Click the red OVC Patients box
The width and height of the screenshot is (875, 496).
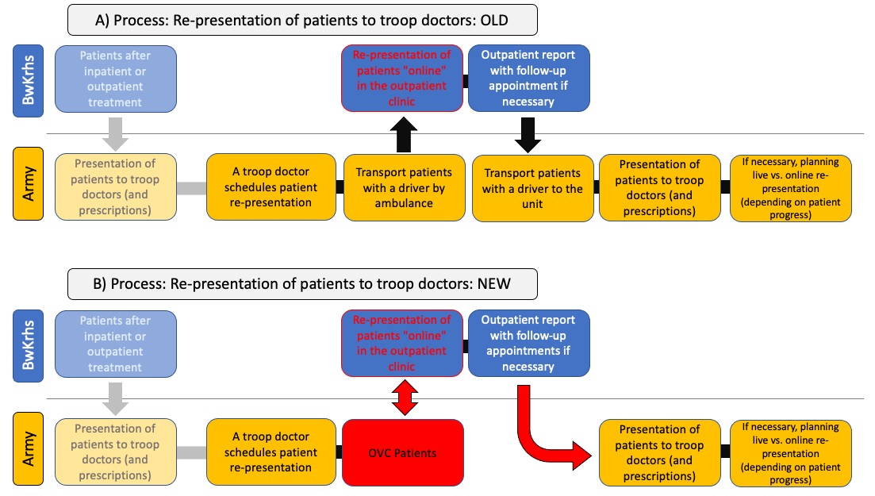pyautogui.click(x=402, y=452)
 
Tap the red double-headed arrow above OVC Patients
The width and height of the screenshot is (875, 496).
pyautogui.click(x=405, y=398)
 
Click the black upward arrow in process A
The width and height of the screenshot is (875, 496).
pyautogui.click(x=404, y=135)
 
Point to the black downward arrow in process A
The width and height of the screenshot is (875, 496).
pyautogui.click(x=528, y=135)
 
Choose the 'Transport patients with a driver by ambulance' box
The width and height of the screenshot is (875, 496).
pyautogui.click(x=404, y=187)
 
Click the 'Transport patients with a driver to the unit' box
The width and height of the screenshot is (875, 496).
pyautogui.click(x=532, y=188)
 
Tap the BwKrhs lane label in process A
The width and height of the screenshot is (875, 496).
pyautogui.click(x=28, y=80)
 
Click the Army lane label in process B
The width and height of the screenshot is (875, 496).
pyautogui.click(x=28, y=448)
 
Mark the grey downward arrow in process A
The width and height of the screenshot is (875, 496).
pyautogui.click(x=116, y=134)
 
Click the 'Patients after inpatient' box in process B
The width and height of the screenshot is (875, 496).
pyautogui.click(x=116, y=344)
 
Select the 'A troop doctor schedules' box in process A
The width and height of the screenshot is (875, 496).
pyautogui.click(x=271, y=187)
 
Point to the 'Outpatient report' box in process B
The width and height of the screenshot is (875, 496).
pyautogui.click(x=528, y=343)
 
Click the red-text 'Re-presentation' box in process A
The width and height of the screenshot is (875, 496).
pyautogui.click(x=401, y=79)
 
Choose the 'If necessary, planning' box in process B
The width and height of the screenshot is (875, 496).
pyautogui.click(x=790, y=453)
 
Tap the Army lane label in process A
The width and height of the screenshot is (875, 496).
pyautogui.click(x=28, y=184)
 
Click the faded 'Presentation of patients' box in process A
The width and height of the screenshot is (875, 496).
pyautogui.click(x=116, y=187)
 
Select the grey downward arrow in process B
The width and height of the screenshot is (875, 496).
pyautogui.click(x=116, y=399)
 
